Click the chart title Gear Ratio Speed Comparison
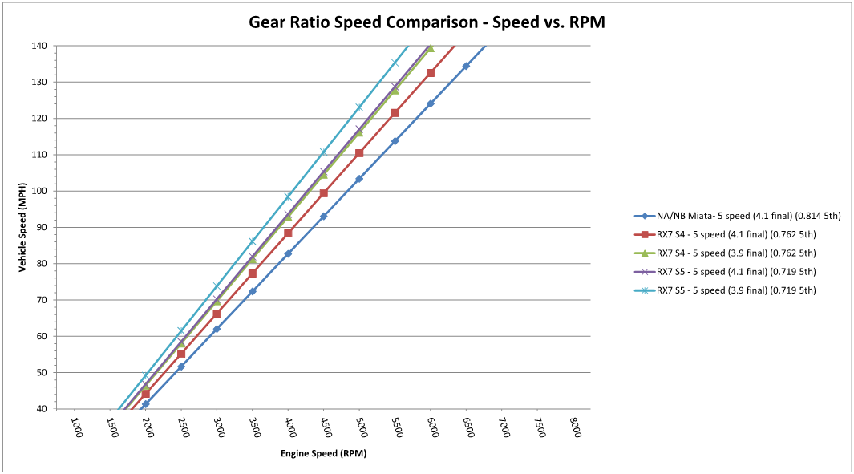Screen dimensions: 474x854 click(427, 23)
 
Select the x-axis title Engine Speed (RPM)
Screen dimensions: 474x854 click(324, 454)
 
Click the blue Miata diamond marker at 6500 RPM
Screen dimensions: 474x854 click(466, 66)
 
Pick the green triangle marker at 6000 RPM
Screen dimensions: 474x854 click(431, 48)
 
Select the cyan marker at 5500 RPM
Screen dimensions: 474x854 click(395, 63)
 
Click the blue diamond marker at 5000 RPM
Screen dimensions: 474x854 click(359, 178)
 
